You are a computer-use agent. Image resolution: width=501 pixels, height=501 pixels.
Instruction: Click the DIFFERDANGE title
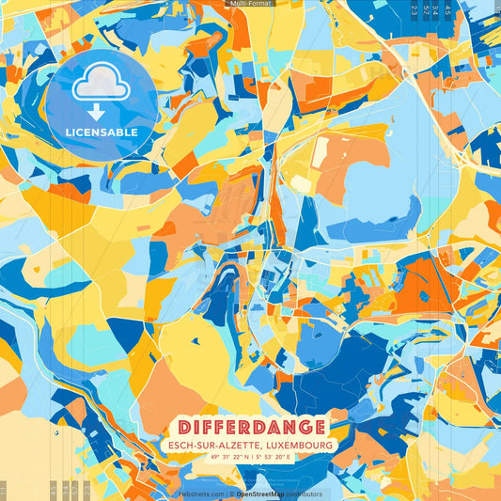pos(251,426)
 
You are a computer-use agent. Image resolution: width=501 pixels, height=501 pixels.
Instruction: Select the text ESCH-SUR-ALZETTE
pos(211,445)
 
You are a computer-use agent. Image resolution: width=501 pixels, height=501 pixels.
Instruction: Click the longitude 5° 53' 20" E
pos(281,457)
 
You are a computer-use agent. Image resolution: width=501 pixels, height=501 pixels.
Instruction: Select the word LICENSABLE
pos(101,133)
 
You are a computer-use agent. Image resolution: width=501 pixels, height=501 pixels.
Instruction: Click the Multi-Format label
pos(250,4)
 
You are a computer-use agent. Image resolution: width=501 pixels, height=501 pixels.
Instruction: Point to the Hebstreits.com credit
pos(201,493)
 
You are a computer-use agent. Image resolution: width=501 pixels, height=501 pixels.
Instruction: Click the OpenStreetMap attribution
pos(261,493)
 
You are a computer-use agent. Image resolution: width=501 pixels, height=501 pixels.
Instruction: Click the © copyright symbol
pos(230,493)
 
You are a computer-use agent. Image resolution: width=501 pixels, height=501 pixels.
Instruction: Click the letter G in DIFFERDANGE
pos(305,426)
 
